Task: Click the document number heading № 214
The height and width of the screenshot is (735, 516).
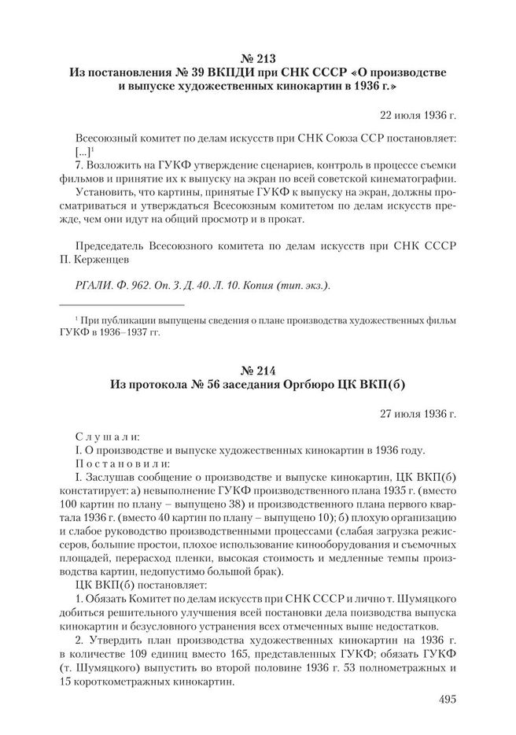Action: (x=258, y=368)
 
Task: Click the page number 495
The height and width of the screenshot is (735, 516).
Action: (x=444, y=699)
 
